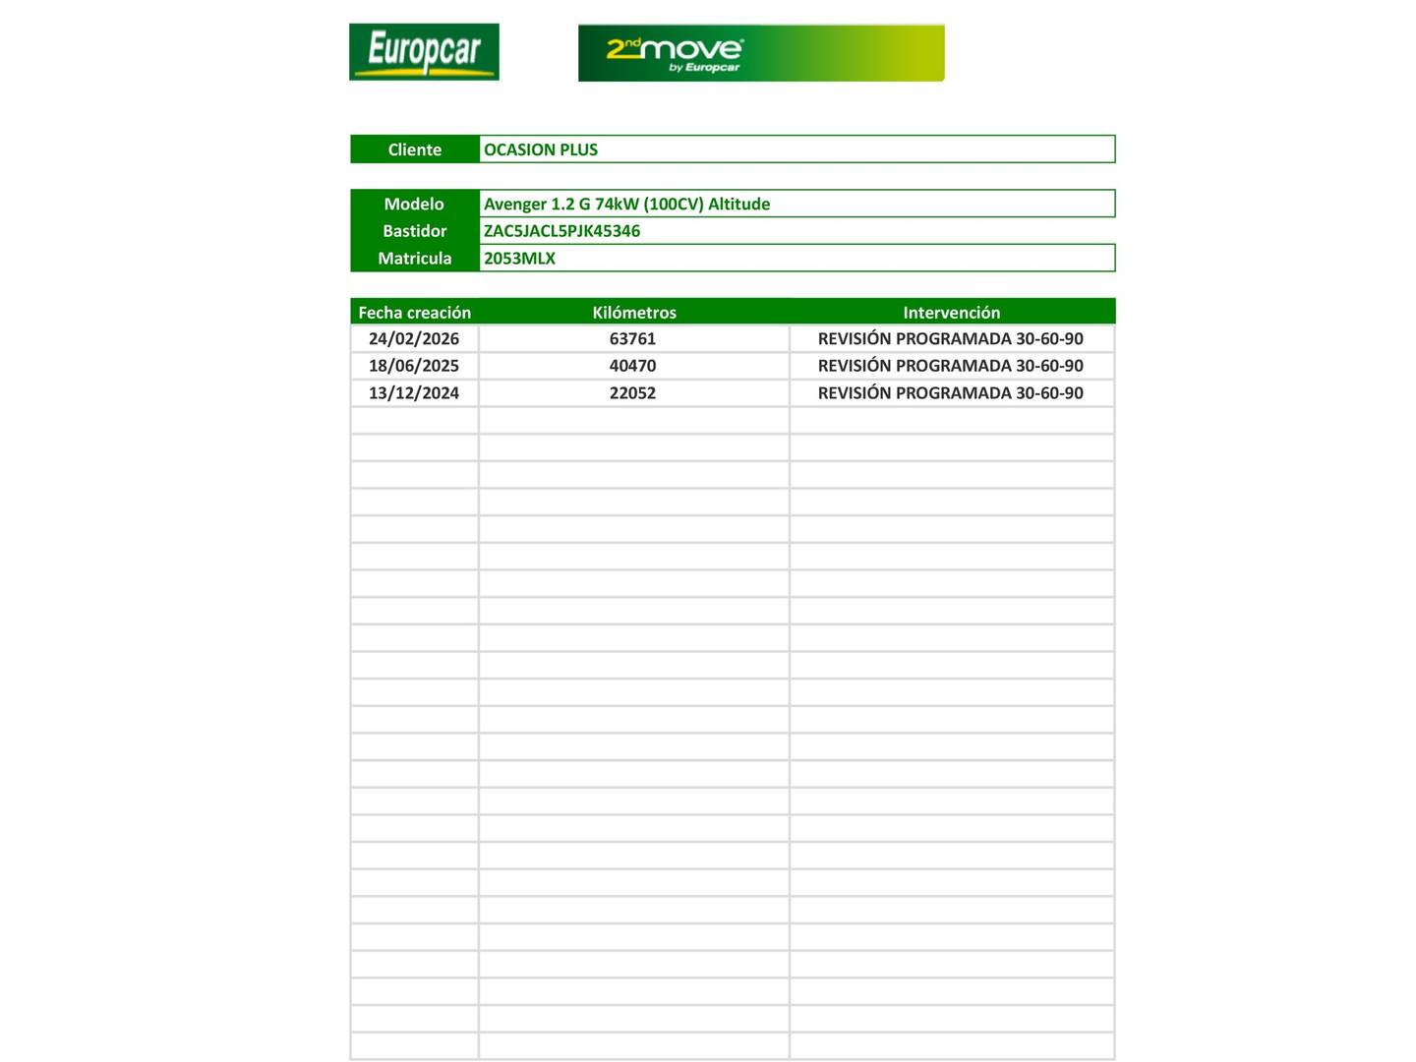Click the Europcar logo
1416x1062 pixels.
[x=424, y=52]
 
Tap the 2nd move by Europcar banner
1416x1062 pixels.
[x=760, y=53]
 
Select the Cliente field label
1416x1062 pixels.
[x=414, y=149]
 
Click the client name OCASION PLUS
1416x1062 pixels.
[x=541, y=149]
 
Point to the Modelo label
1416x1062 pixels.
[x=414, y=204]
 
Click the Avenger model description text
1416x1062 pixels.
[x=626, y=204]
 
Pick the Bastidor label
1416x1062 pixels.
[x=414, y=231]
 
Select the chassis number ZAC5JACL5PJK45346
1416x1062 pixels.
[x=561, y=231]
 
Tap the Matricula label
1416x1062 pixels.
[x=414, y=259]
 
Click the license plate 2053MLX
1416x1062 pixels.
[x=519, y=259]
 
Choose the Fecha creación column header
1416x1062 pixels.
[x=414, y=313]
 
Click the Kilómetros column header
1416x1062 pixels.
[x=634, y=313]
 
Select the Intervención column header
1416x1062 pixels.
[x=951, y=313]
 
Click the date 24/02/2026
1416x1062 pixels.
[x=414, y=339]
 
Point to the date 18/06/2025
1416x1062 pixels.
[x=414, y=366]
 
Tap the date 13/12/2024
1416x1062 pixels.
[x=414, y=393]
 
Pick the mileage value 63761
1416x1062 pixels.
[x=632, y=339]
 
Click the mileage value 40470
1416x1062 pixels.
[x=632, y=366]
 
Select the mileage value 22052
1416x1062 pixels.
[x=632, y=393]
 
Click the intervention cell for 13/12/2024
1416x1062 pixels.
[x=950, y=393]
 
